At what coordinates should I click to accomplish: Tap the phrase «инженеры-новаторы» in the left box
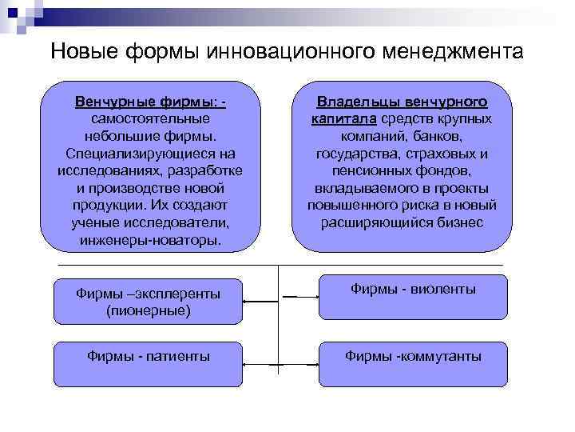(x=151, y=239)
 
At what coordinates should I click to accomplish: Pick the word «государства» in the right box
(x=358, y=154)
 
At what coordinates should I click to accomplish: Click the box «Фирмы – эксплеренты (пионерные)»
(x=149, y=302)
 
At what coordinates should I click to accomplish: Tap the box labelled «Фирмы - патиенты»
(x=149, y=362)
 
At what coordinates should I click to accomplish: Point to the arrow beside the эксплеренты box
(x=260, y=300)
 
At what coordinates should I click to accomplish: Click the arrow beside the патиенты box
(x=260, y=366)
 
